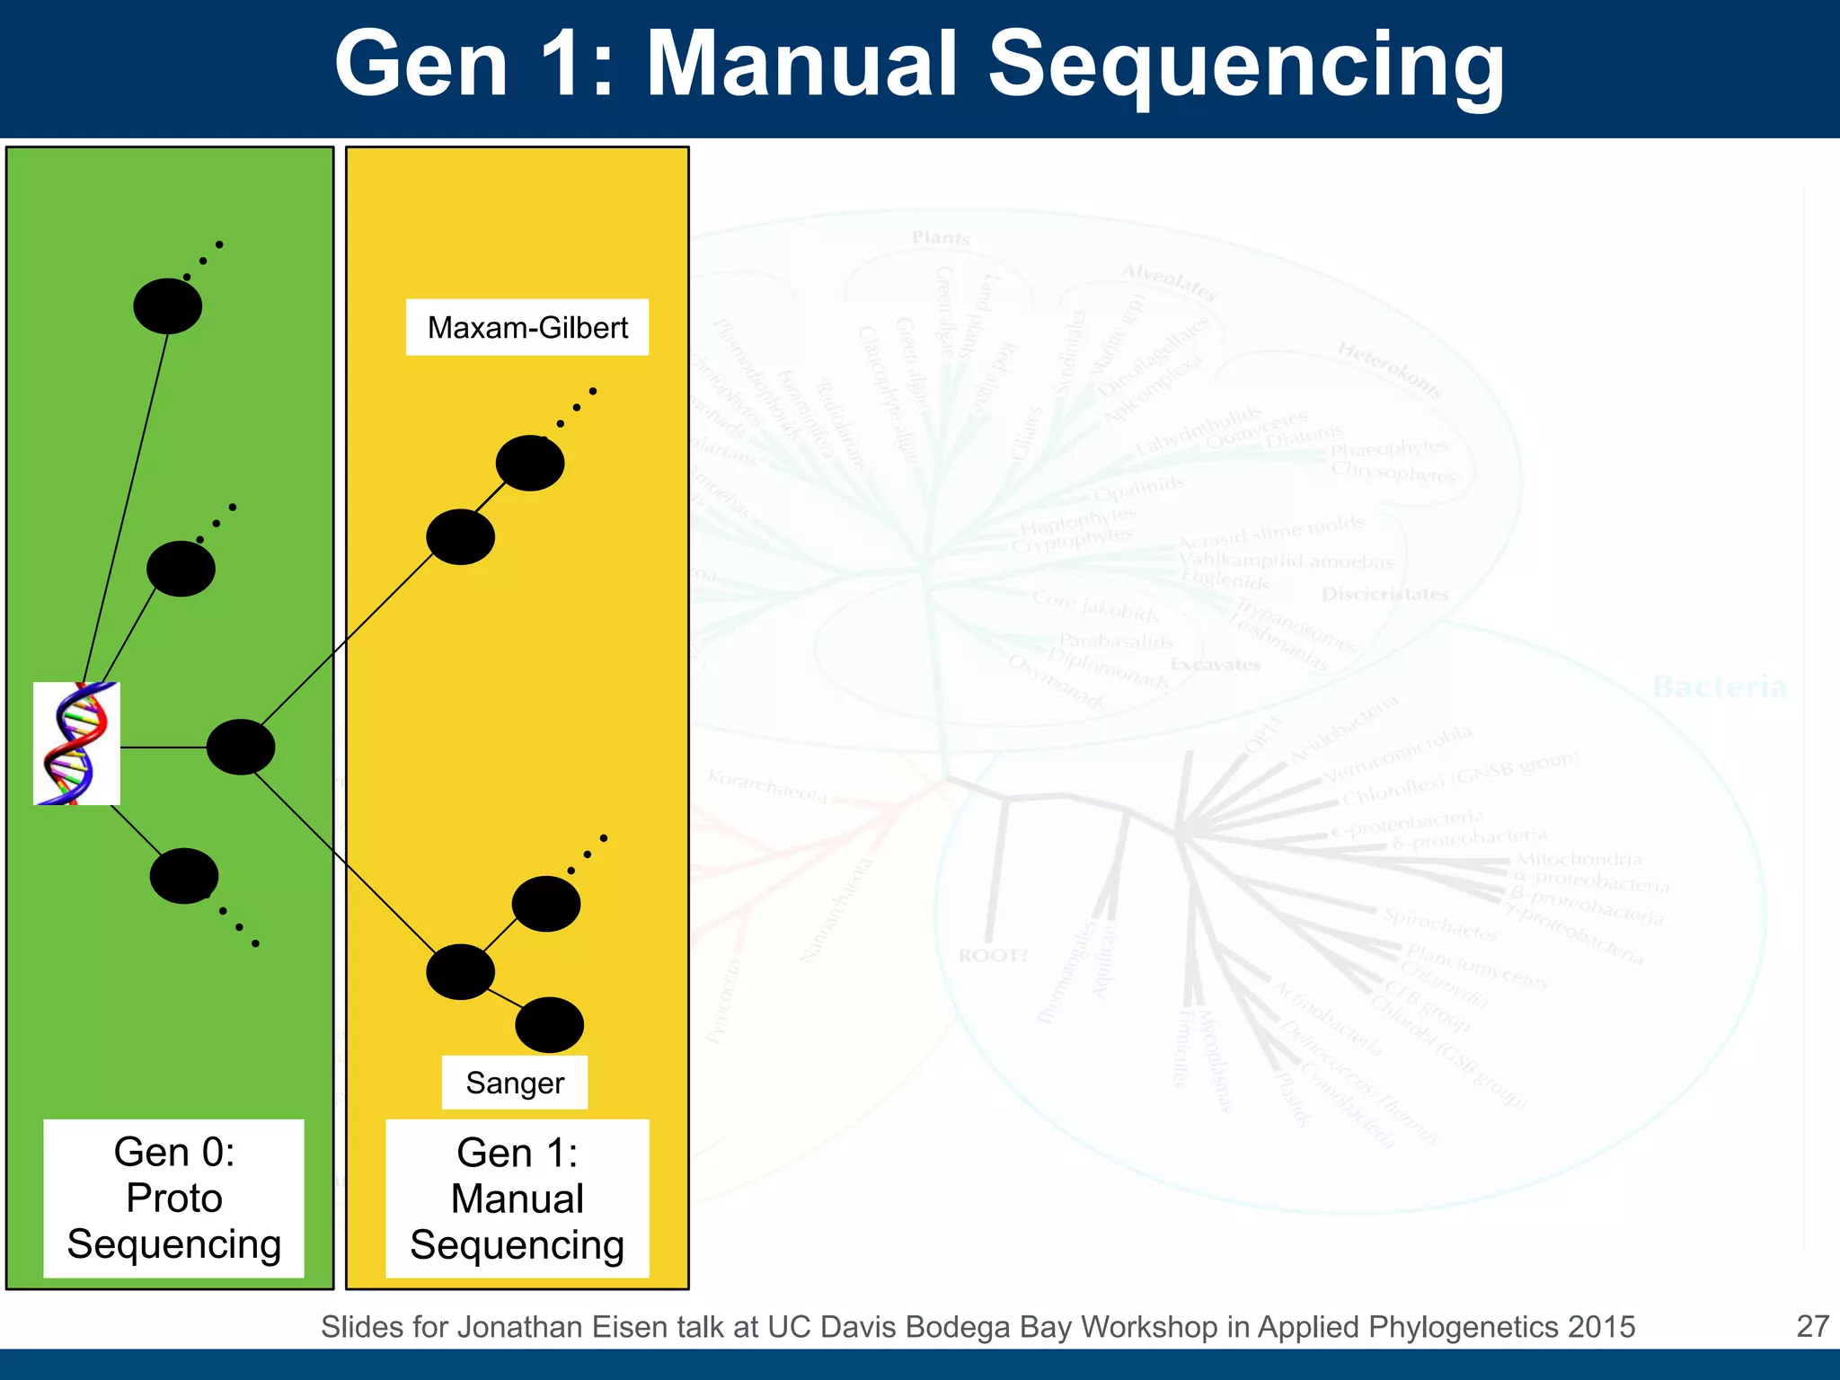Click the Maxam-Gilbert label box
pyautogui.click(x=527, y=328)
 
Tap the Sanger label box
pyautogui.click(x=515, y=1083)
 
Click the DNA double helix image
pyautogui.click(x=76, y=743)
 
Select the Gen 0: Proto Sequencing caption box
pyautogui.click(x=173, y=1198)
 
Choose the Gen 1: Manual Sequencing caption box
pyautogui.click(x=517, y=1199)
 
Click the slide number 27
pyautogui.click(x=1812, y=1326)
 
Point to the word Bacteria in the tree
pyautogui.click(x=1720, y=687)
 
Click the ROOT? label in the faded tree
pyautogui.click(x=993, y=955)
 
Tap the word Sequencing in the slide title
pyautogui.click(x=1246, y=65)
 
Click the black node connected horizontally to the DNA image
pyautogui.click(x=241, y=747)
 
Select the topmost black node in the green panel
pyautogui.click(x=168, y=306)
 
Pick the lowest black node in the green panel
pyautogui.click(x=184, y=876)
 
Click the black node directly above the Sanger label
pyautogui.click(x=550, y=1025)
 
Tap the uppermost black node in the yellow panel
pyautogui.click(x=530, y=463)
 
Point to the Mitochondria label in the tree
pyautogui.click(x=1579, y=860)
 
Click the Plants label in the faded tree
pyautogui.click(x=941, y=238)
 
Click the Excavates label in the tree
pyautogui.click(x=1216, y=665)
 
